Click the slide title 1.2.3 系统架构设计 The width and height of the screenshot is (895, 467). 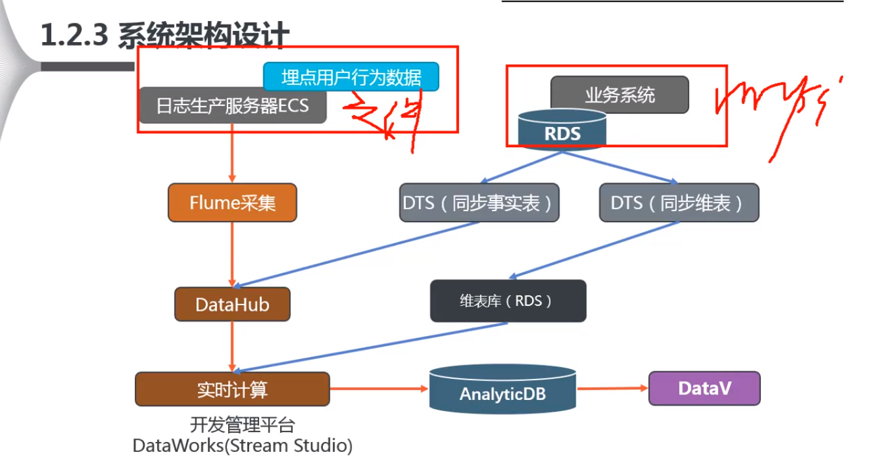(165, 36)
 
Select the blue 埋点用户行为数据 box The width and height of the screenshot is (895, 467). (351, 77)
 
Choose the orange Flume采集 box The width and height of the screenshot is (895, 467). (232, 203)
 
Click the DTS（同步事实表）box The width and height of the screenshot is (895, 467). (479, 203)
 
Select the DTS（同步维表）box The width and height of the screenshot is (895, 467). (679, 203)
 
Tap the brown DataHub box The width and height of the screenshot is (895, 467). (232, 305)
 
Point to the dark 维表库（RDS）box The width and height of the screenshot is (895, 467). (508, 301)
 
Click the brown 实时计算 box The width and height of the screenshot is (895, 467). (232, 389)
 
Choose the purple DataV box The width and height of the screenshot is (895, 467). (704, 388)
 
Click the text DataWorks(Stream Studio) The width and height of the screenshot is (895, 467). (243, 446)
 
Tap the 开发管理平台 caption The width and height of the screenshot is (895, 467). (243, 424)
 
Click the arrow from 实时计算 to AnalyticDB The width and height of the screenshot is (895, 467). (379, 388)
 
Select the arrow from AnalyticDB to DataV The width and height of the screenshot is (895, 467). (612, 389)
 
